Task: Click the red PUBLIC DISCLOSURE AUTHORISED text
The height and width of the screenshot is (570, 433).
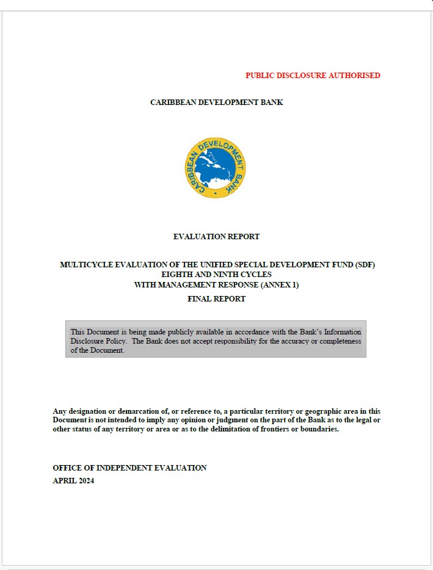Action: (x=313, y=76)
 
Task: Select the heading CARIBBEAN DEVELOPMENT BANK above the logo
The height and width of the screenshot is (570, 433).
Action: (x=216, y=103)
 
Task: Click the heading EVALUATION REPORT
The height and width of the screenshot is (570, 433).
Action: (x=216, y=237)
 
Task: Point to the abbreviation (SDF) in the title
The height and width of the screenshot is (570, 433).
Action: (x=361, y=265)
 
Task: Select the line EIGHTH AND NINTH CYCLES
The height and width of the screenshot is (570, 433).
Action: (x=216, y=275)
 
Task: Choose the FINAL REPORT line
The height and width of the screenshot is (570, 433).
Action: (x=216, y=299)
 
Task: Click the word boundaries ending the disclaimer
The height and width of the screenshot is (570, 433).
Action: (x=318, y=429)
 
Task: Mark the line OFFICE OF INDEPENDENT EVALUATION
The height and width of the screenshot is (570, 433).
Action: (x=129, y=468)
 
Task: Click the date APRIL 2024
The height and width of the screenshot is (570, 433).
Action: (x=73, y=481)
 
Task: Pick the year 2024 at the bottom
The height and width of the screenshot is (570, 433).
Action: (x=85, y=481)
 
